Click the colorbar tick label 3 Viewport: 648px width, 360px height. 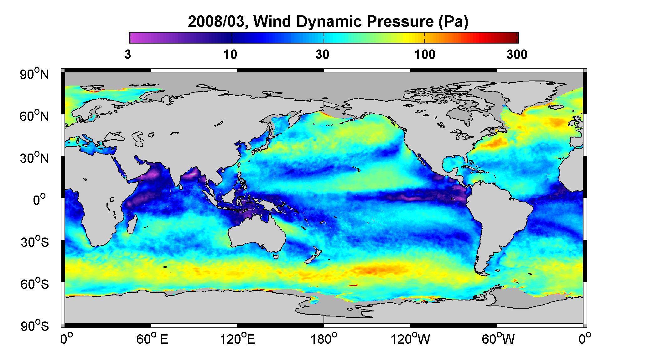coord(127,55)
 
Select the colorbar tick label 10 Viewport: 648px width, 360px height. coord(230,55)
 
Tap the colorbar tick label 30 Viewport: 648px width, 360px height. coord(322,55)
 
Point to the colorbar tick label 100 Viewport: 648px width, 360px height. coord(425,55)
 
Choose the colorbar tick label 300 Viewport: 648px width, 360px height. coord(517,55)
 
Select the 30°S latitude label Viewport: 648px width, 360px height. coord(34,242)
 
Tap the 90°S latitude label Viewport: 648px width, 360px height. coord(34,326)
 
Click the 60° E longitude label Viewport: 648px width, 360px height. coord(152,339)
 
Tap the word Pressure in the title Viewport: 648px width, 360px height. coord(397,22)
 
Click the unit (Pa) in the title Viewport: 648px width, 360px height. coord(453,22)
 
